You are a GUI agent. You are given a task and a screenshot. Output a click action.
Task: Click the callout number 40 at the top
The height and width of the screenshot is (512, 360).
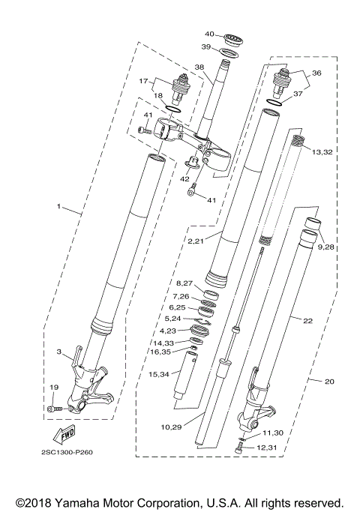tap(209, 34)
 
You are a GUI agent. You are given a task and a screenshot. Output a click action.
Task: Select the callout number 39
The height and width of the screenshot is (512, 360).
tap(205, 47)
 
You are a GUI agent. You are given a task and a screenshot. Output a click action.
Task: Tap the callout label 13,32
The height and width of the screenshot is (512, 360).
tap(322, 151)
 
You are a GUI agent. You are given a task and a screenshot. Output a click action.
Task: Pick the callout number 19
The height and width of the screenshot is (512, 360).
tap(53, 388)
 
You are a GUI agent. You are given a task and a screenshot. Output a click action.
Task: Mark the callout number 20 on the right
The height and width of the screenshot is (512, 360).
tap(329, 381)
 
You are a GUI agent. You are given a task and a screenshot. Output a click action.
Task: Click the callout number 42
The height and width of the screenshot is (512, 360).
tap(184, 179)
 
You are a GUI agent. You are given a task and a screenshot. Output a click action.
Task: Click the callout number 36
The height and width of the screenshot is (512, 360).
tap(316, 73)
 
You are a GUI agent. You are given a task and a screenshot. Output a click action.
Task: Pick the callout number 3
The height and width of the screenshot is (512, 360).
tap(58, 350)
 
